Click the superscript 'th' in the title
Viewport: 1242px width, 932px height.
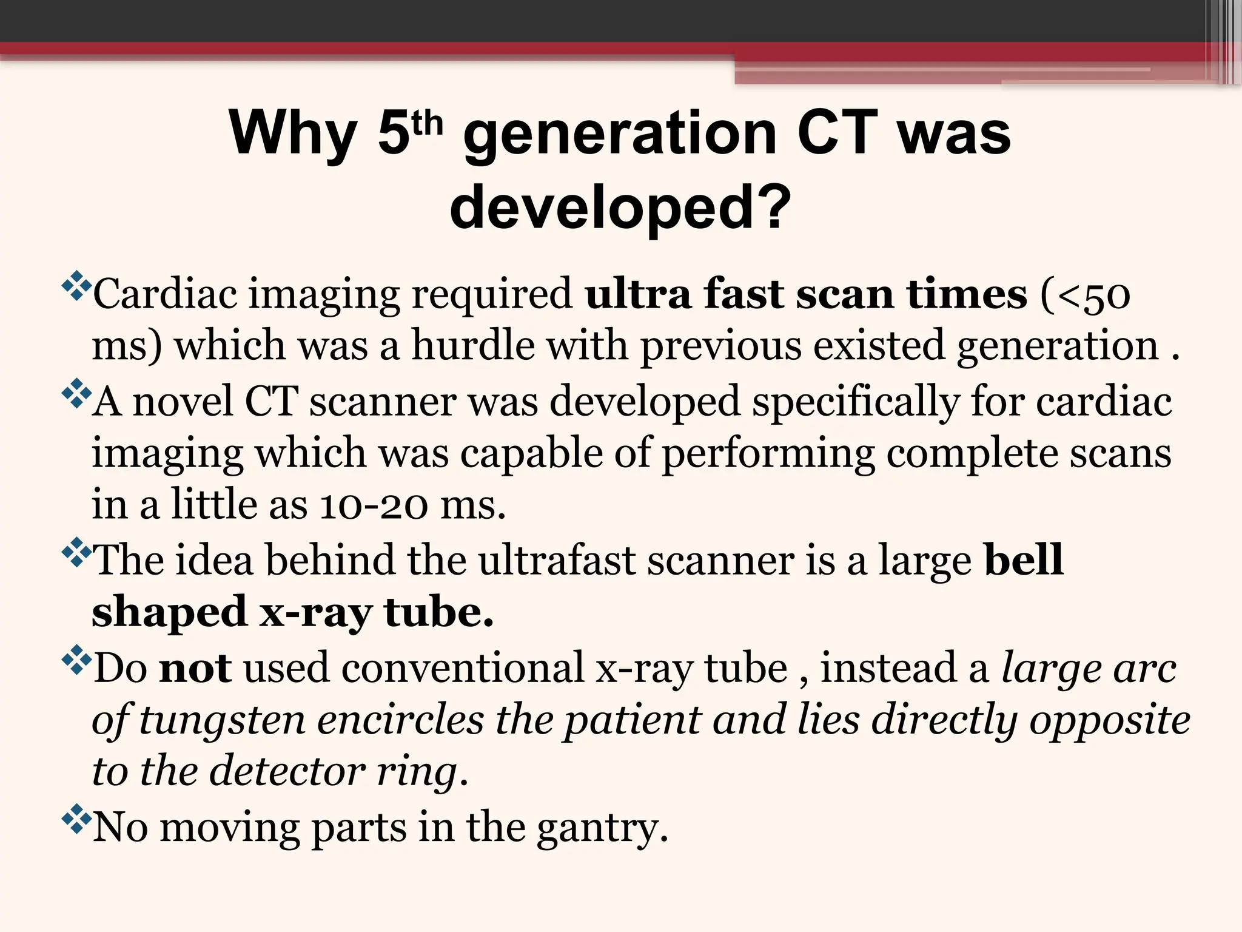tap(427, 124)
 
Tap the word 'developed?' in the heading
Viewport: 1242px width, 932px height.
tap(620, 207)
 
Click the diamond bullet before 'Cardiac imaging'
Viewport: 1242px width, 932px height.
tap(76, 287)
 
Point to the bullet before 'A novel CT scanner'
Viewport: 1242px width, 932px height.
tap(76, 394)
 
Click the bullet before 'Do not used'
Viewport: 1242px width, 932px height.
tap(76, 661)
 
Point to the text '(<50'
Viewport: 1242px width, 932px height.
tap(1085, 295)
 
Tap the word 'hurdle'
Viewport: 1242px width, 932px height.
tap(473, 346)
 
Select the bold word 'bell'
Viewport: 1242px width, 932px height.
tap(1024, 559)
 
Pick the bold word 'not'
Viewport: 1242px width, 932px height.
tap(195, 668)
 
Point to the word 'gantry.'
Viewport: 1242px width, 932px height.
tap(602, 828)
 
